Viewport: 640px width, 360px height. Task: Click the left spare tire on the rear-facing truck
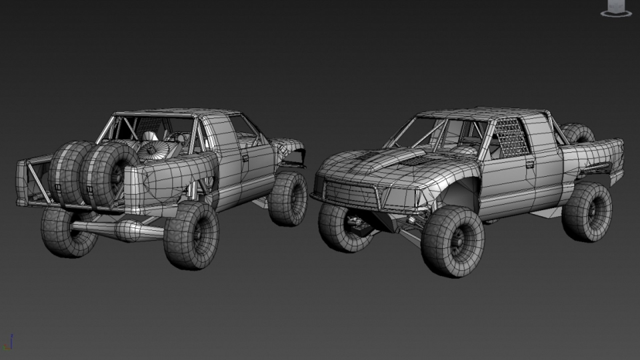pyautogui.click(x=68, y=173)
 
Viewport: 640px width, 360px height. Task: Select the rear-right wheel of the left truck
pyautogui.click(x=192, y=235)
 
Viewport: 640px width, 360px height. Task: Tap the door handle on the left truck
pyautogui.click(x=245, y=158)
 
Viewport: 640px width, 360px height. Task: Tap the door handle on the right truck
pyautogui.click(x=530, y=164)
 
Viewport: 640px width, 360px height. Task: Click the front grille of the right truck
pyautogui.click(x=352, y=193)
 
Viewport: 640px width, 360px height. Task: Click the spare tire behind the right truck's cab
pyautogui.click(x=578, y=133)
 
